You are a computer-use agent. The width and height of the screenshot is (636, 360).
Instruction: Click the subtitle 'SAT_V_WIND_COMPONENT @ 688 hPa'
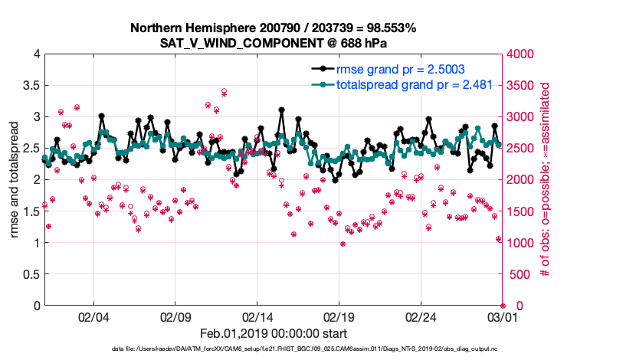(x=274, y=43)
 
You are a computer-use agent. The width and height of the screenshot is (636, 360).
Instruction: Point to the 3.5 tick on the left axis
(x=30, y=85)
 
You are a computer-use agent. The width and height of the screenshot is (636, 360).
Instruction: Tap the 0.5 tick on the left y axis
(x=30, y=274)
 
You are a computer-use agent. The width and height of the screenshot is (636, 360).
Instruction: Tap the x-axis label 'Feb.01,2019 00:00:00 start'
(x=273, y=333)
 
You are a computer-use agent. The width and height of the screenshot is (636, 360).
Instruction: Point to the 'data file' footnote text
(x=273, y=349)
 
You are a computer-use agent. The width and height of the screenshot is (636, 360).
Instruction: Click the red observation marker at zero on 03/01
(x=503, y=306)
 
